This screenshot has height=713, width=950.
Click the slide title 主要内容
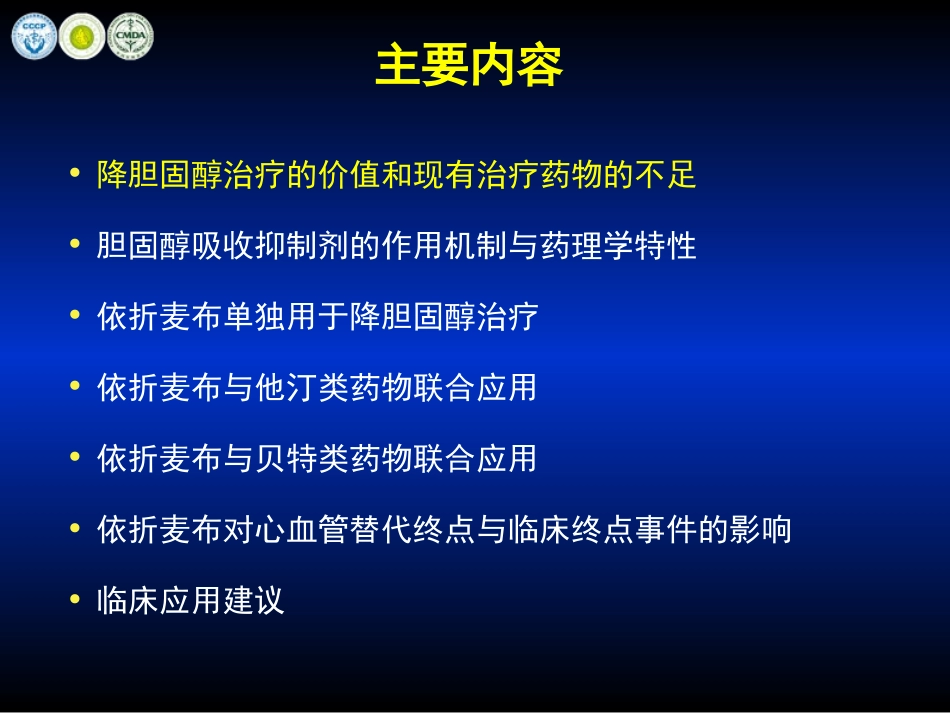[469, 65]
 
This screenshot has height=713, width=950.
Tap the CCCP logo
[34, 36]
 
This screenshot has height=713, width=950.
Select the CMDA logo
[130, 36]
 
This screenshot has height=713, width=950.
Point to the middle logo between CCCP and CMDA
[82, 36]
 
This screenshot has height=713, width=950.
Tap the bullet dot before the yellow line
[74, 174]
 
